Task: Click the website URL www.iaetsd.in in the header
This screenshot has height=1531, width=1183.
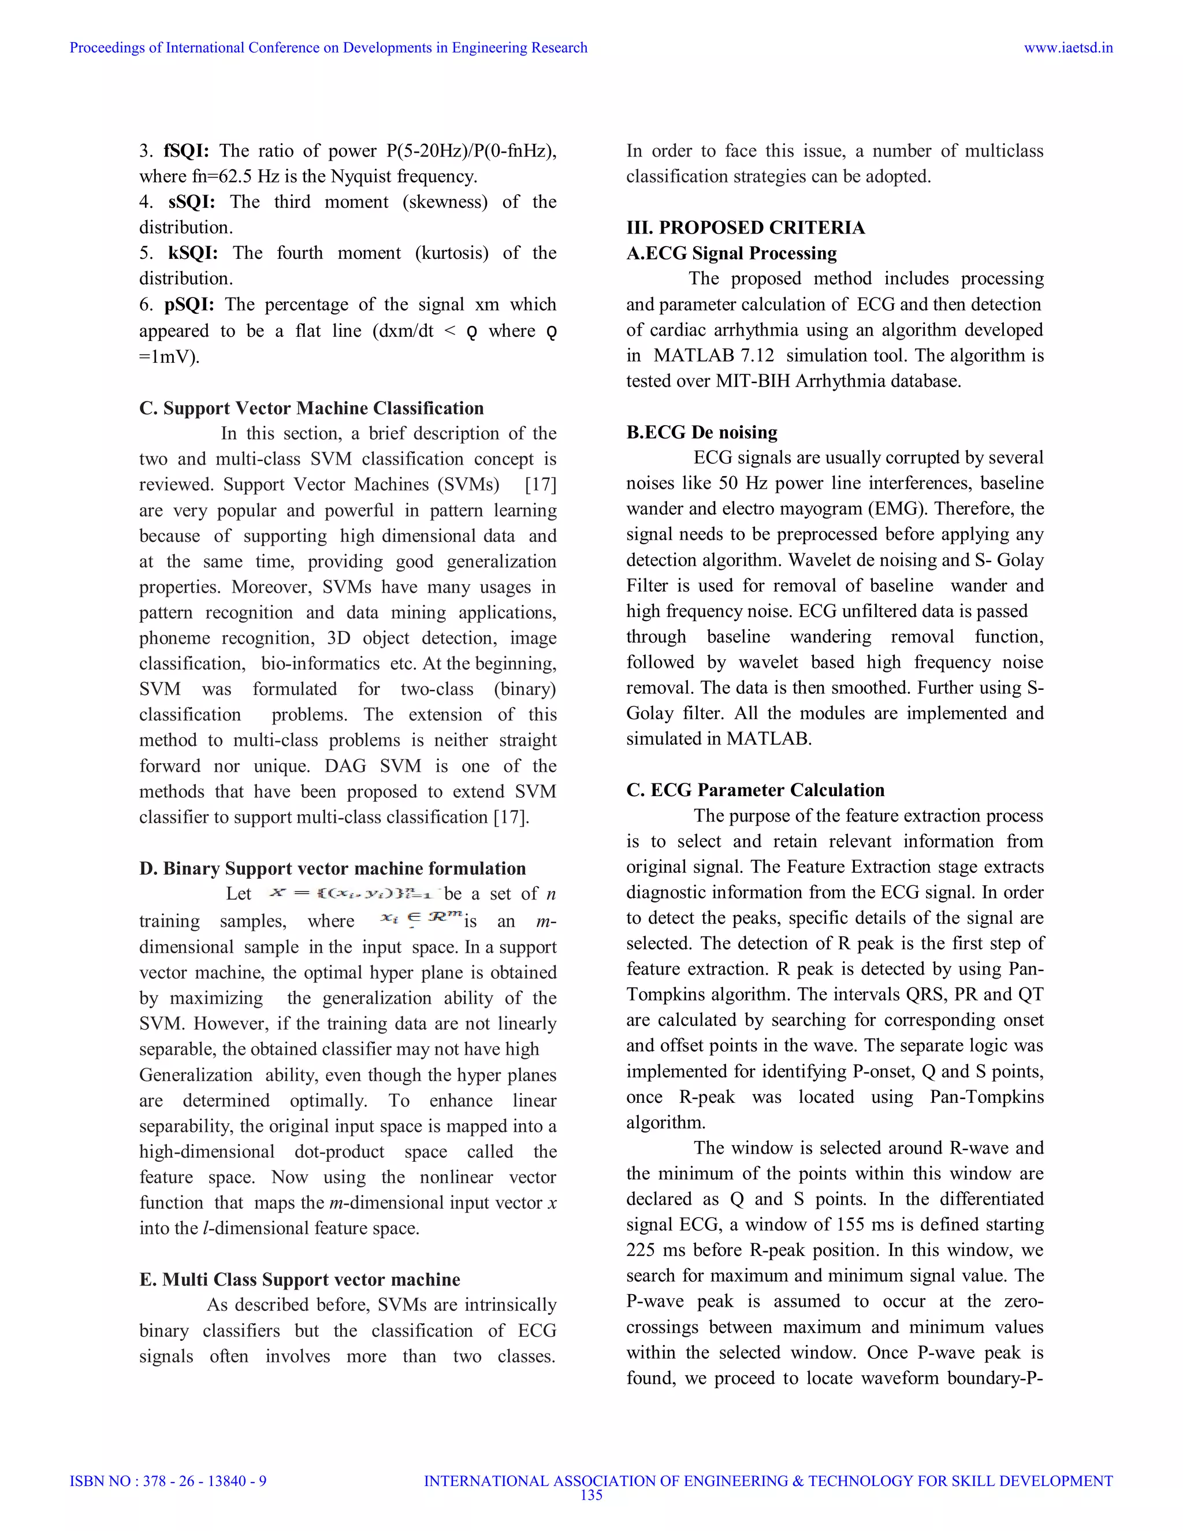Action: pyautogui.click(x=1068, y=48)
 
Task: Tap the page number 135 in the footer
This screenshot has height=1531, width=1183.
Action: pyautogui.click(x=591, y=1495)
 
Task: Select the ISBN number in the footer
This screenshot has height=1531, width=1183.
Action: pyautogui.click(x=168, y=1481)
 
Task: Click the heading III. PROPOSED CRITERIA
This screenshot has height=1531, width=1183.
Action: pyautogui.click(x=745, y=228)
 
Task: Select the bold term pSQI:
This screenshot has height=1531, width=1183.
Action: pyautogui.click(x=189, y=304)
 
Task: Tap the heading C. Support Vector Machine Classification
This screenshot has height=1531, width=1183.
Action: pyautogui.click(x=311, y=408)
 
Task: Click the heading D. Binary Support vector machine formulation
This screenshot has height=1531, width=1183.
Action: pyautogui.click(x=332, y=868)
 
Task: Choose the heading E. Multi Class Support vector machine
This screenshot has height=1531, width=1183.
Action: pyautogui.click(x=299, y=1279)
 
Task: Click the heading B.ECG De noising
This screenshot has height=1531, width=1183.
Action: pyautogui.click(x=701, y=433)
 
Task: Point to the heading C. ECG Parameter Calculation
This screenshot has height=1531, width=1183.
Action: pyautogui.click(x=755, y=790)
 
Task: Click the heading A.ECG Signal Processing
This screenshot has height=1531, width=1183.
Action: pyautogui.click(x=731, y=253)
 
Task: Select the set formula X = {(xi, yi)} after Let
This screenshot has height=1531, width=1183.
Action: pyautogui.click(x=354, y=893)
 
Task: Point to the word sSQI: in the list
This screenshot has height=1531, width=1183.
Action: pyautogui.click(x=191, y=202)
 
